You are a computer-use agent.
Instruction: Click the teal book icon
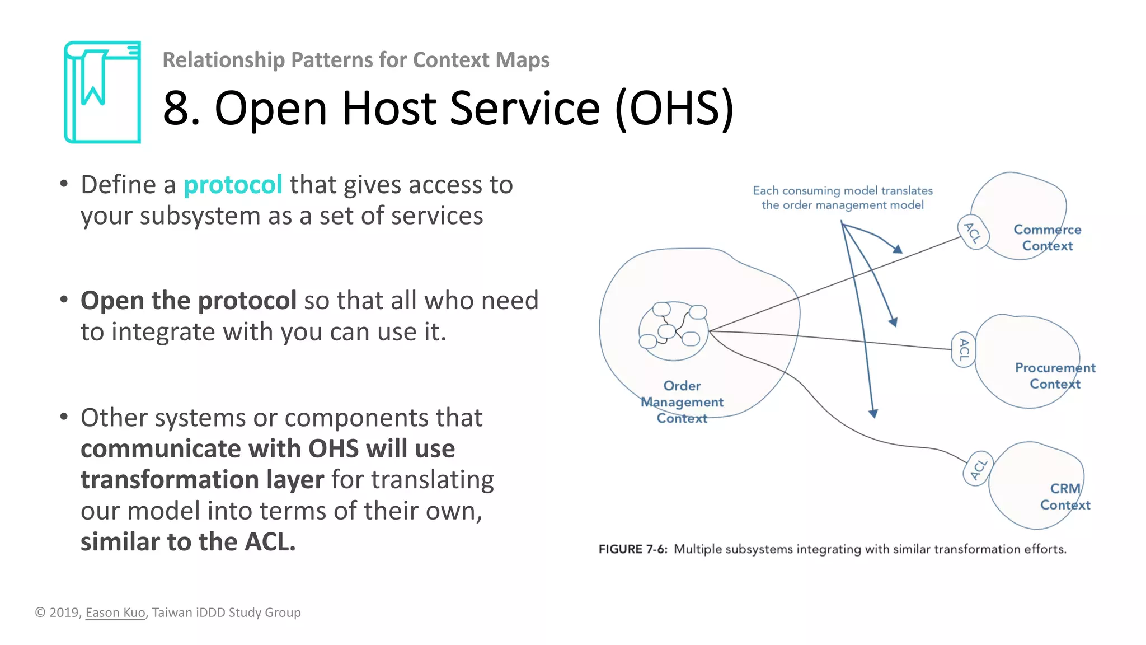pyautogui.click(x=102, y=92)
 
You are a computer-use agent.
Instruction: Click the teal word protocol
pyautogui.click(x=233, y=185)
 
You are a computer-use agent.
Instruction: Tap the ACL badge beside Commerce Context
pyautogui.click(x=973, y=232)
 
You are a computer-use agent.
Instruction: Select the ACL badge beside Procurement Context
pyautogui.click(x=963, y=349)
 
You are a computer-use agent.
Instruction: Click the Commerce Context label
pyautogui.click(x=1047, y=238)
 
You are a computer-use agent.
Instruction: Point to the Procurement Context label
pyautogui.click(x=1055, y=376)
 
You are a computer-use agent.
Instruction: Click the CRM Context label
pyautogui.click(x=1065, y=497)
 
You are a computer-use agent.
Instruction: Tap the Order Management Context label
pyautogui.click(x=682, y=402)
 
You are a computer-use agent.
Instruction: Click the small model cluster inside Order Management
pyautogui.click(x=673, y=330)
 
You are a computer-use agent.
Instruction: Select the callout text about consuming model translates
pyautogui.click(x=842, y=198)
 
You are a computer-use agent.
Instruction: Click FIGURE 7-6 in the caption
pyautogui.click(x=632, y=549)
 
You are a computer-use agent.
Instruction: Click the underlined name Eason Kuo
pyautogui.click(x=115, y=613)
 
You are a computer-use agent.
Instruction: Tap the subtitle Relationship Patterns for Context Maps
pyautogui.click(x=356, y=60)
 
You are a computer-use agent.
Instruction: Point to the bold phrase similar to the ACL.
pyautogui.click(x=188, y=542)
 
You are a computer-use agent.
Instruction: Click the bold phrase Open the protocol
pyautogui.click(x=189, y=301)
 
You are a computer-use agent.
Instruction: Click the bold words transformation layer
pyautogui.click(x=202, y=480)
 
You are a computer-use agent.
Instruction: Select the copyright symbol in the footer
pyautogui.click(x=40, y=613)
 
